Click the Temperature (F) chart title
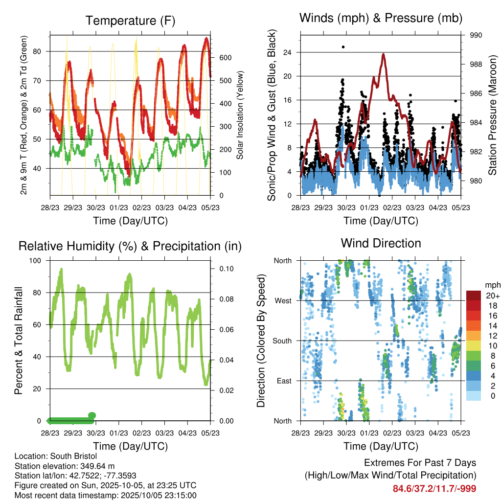130,21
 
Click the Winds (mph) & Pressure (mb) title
381,18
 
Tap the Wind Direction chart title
381,243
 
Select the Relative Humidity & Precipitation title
130,246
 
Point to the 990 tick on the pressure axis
476,35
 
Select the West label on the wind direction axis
282,300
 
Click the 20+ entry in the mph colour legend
493,296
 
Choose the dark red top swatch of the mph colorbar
474,295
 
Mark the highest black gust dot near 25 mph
343,47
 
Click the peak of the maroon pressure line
384,54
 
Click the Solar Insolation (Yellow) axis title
240,115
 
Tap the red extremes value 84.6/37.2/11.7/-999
434,488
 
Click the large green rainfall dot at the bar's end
91,415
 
